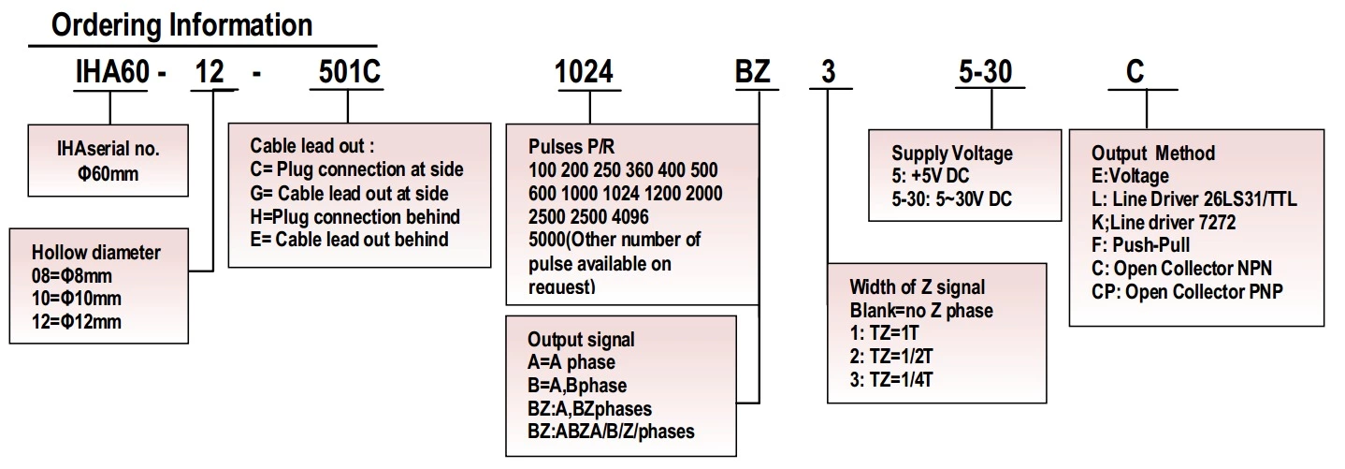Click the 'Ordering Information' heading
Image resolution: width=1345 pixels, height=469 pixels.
pos(181,24)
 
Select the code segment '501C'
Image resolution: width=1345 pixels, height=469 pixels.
pos(345,73)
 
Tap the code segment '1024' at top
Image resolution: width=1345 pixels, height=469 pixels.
pos(585,73)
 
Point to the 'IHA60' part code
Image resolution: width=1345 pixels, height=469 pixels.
pos(111,73)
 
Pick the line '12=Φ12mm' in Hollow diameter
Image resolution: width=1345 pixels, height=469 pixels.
pos(77,321)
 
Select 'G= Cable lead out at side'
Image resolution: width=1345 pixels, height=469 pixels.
pos(349,194)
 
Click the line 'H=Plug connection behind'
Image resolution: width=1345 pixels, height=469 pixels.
pos(354,216)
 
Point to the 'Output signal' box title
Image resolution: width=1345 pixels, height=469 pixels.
pos(581,340)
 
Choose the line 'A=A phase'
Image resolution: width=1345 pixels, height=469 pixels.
pos(571,362)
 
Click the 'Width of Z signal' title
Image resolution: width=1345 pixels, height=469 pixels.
pos(917,287)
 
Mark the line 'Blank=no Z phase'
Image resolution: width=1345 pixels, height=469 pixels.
pos(921,310)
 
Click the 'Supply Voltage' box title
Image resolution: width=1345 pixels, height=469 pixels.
pos(951,154)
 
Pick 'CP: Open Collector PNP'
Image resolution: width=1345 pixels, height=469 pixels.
pos(1187,291)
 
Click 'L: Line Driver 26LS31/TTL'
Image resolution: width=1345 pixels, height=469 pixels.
pos(1194,199)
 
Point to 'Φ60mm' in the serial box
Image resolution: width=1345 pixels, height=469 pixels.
pos(108,172)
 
